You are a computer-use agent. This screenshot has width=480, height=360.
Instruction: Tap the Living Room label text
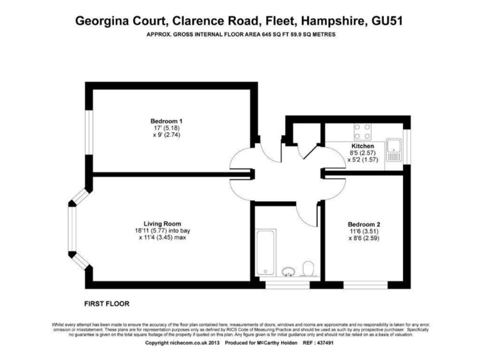pyautogui.click(x=162, y=223)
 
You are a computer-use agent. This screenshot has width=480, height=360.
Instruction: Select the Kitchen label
pyautogui.click(x=362, y=146)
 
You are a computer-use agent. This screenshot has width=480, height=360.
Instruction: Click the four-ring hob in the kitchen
pyautogui.click(x=362, y=131)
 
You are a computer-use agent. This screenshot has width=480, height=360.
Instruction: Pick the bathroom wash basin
pyautogui.click(x=287, y=272)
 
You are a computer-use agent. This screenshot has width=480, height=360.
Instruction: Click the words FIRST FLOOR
pyautogui.click(x=106, y=304)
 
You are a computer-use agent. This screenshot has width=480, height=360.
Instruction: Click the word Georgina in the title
pyautogui.click(x=104, y=20)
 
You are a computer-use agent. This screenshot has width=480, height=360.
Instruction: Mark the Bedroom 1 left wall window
pyautogui.click(x=89, y=141)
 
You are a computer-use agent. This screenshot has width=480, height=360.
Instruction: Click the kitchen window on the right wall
pyautogui.click(x=407, y=141)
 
